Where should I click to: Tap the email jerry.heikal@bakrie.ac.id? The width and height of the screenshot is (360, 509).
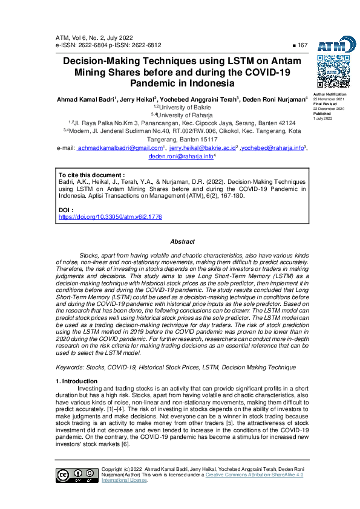(201, 148)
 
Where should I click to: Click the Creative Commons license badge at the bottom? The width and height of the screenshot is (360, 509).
(76, 475)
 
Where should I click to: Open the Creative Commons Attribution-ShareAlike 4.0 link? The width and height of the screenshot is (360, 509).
(254, 475)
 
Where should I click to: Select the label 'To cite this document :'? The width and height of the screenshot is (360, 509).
(91, 174)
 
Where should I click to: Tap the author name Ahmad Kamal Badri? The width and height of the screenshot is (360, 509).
(84, 99)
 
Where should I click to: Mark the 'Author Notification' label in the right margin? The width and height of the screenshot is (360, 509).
(329, 95)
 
